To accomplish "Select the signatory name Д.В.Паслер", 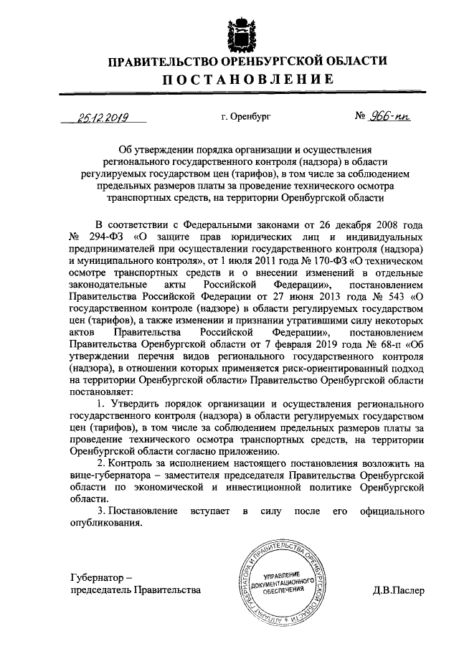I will click(x=398, y=591).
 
